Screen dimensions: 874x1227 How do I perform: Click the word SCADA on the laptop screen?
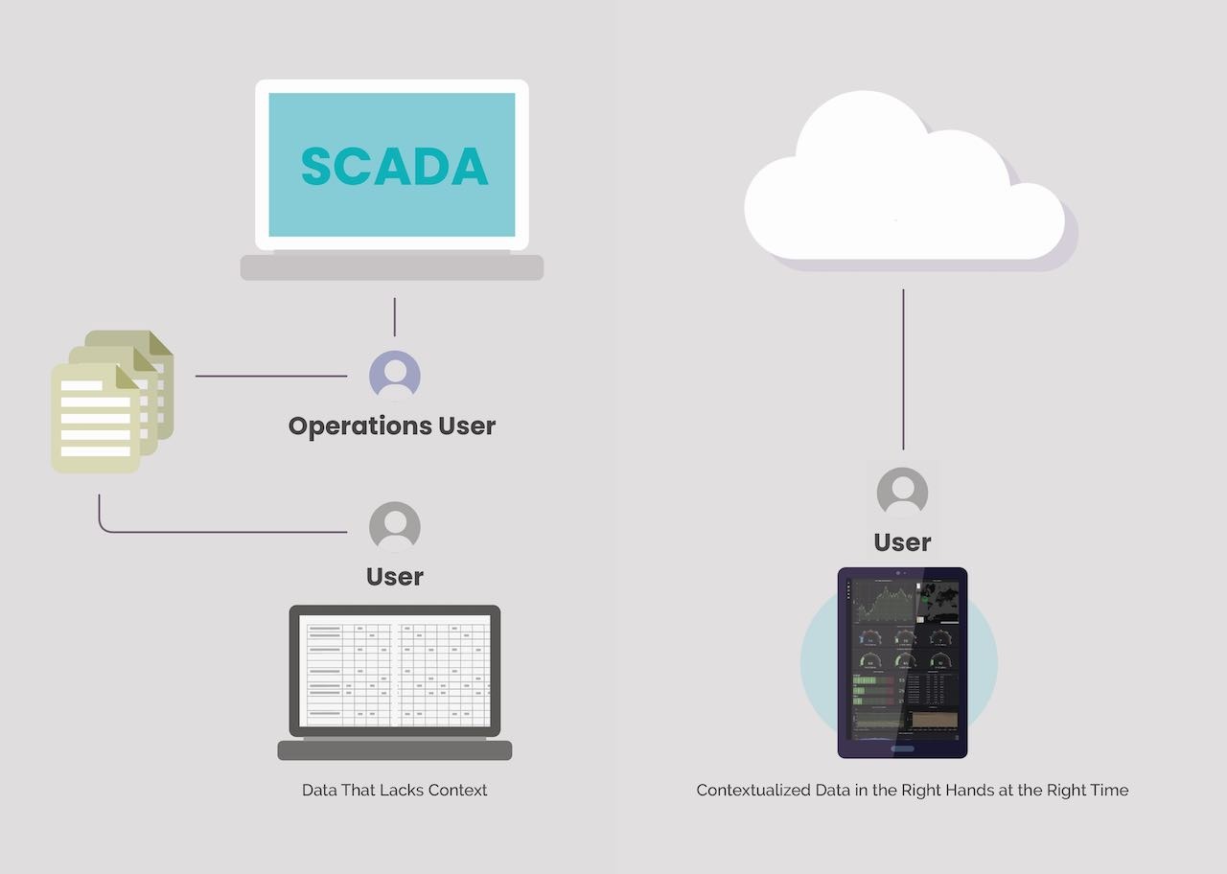(394, 167)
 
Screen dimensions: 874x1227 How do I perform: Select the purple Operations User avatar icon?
(395, 376)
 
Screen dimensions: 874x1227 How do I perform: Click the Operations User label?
(392, 425)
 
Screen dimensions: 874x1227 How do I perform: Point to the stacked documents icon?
(110, 402)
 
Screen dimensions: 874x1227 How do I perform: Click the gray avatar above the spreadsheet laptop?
(395, 527)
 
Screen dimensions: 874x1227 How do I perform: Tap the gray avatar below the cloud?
(902, 493)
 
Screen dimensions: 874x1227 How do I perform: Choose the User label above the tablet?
(902, 542)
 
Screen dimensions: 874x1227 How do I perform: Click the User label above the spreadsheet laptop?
(395, 577)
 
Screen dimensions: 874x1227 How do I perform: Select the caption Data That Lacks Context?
(395, 791)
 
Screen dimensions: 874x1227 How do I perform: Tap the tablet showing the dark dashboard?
(902, 661)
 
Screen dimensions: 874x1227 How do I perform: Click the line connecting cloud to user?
(903, 369)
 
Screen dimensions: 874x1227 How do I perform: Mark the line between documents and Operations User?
(271, 376)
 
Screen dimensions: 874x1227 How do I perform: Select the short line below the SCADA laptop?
(394, 316)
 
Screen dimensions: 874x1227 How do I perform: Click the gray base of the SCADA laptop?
(391, 267)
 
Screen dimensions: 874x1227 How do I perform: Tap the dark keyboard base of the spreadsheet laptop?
(395, 749)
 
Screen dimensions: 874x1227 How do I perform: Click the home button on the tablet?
(902, 748)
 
